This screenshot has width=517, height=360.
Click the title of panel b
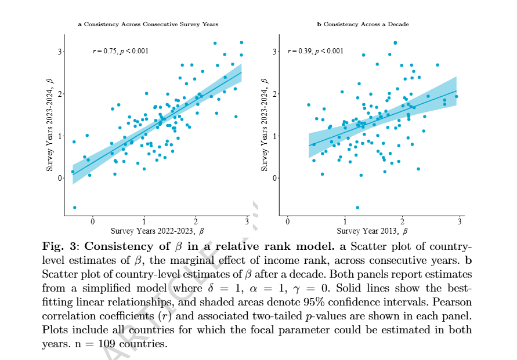362,24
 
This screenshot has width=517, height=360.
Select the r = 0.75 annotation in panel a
121,51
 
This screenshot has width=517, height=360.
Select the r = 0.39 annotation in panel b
315,51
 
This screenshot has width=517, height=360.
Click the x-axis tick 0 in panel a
92,221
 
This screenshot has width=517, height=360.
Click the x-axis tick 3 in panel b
460,221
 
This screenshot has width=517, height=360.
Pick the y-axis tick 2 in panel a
59,94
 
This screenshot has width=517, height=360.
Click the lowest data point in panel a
74,207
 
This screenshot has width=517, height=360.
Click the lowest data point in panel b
357,207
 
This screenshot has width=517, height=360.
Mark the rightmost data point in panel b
456,97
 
